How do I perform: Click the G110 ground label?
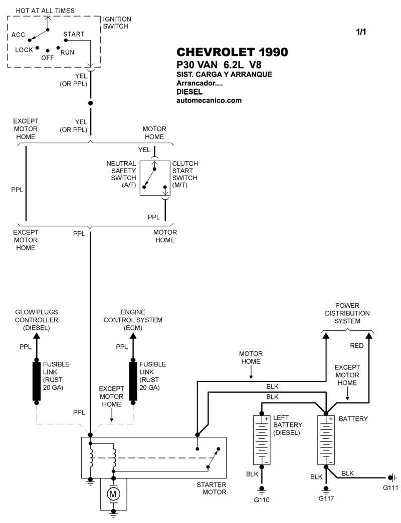pyautogui.click(x=261, y=498)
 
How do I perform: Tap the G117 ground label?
pyautogui.click(x=326, y=498)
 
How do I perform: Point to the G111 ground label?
pyautogui.click(x=390, y=487)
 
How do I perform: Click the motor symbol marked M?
pyautogui.click(x=112, y=494)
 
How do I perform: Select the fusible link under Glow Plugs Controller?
pyautogui.click(x=36, y=381)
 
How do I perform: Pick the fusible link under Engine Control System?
pyautogui.click(x=133, y=381)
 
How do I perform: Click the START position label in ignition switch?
pyautogui.click(x=74, y=35)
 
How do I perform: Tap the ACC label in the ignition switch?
pyautogui.click(x=19, y=35)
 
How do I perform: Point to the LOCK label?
pyautogui.click(x=24, y=50)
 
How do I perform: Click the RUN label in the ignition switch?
pyautogui.click(x=67, y=52)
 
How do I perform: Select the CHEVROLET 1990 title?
pyautogui.click(x=232, y=53)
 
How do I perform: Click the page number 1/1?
pyautogui.click(x=361, y=32)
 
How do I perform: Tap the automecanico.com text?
pyautogui.click(x=209, y=100)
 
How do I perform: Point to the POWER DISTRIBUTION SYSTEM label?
pyautogui.click(x=347, y=313)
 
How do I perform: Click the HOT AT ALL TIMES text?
pyautogui.click(x=45, y=11)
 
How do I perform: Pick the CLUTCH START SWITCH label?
pyautogui.click(x=185, y=174)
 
